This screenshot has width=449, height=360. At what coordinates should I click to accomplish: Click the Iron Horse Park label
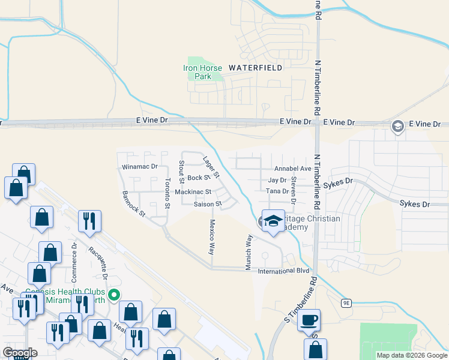203,72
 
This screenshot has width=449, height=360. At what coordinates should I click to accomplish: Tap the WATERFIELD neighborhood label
255,68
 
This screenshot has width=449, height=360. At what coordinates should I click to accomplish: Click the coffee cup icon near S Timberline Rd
309,320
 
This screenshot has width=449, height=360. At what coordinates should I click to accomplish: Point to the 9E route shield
346,303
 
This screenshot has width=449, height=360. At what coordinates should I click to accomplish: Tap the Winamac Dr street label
139,166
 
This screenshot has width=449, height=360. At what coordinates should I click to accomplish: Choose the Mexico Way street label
211,236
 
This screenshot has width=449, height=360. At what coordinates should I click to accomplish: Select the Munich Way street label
249,252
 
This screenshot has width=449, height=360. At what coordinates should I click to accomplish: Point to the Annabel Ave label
292,169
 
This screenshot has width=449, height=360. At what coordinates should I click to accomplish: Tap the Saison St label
208,204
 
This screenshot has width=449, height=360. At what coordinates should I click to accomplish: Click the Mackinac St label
193,192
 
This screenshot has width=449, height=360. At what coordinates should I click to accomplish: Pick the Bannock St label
133,203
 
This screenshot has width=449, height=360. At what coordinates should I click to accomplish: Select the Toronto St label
167,193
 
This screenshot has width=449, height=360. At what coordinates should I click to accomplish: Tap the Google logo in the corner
20,353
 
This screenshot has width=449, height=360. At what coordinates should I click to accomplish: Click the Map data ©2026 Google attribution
411,355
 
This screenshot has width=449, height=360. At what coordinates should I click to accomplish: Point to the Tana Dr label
277,191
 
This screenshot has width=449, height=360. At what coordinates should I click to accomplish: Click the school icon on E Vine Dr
397,127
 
